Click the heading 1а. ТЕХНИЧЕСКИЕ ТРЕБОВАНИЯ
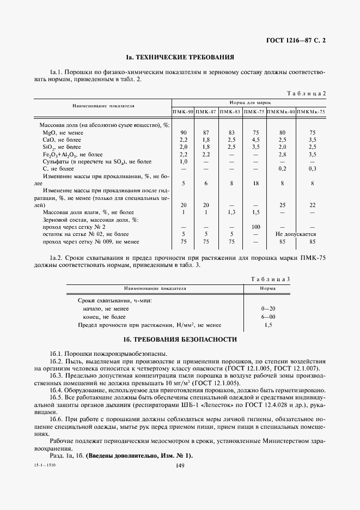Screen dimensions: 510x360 180,57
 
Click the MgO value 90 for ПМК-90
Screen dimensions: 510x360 184,132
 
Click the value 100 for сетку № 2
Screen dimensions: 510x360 254,226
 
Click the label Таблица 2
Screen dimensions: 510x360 307,93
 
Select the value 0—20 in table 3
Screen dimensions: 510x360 268,308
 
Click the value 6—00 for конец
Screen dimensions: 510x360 268,317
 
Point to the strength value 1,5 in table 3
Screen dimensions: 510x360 268,325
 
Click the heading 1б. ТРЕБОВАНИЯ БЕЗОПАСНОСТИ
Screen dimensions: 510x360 180,339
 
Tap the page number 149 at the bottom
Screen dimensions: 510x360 180,465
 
